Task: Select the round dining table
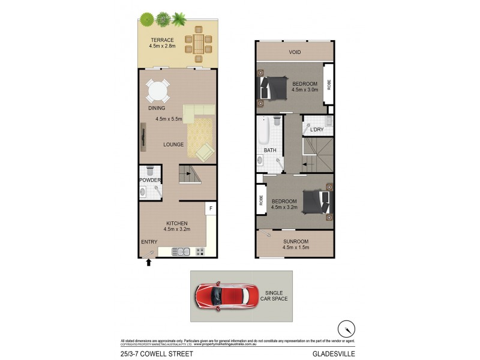click(x=158, y=92)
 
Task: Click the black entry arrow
click(x=149, y=262)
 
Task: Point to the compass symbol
click(x=346, y=329)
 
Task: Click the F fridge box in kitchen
click(x=211, y=208)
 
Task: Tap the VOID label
click(x=295, y=52)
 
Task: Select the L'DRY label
click(x=317, y=130)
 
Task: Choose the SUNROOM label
click(x=295, y=241)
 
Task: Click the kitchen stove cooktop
click(x=200, y=251)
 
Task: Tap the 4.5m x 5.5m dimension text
click(x=169, y=119)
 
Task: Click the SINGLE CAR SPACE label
click(x=277, y=296)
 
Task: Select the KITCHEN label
click(x=177, y=223)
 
